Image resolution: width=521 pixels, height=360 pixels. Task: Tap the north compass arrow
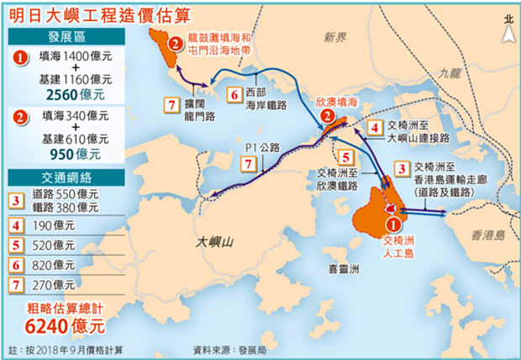pos(507,29)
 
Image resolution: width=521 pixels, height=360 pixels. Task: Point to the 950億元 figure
pos(70,154)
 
